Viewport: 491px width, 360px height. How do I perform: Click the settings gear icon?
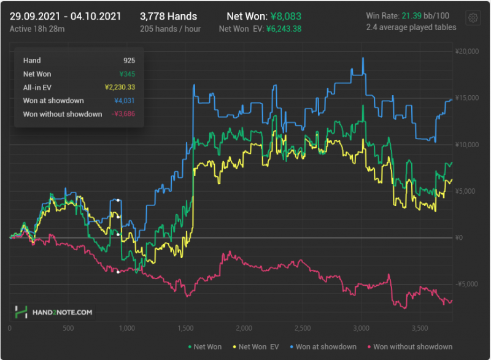(x=473, y=18)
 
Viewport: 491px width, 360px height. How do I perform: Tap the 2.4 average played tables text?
(x=411, y=27)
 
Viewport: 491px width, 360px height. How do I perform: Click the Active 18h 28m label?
(x=36, y=28)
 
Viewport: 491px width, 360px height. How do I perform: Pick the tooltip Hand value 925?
(x=129, y=60)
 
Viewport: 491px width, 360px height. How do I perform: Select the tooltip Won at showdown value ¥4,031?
(x=125, y=101)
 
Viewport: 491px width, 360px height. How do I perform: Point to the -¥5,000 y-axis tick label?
(x=468, y=284)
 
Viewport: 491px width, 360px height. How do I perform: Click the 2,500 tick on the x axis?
(x=303, y=329)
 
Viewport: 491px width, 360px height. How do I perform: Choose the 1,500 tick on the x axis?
(x=185, y=329)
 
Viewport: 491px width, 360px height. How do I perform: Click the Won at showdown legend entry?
(x=323, y=347)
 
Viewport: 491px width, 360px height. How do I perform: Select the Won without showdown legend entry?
(x=409, y=347)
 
